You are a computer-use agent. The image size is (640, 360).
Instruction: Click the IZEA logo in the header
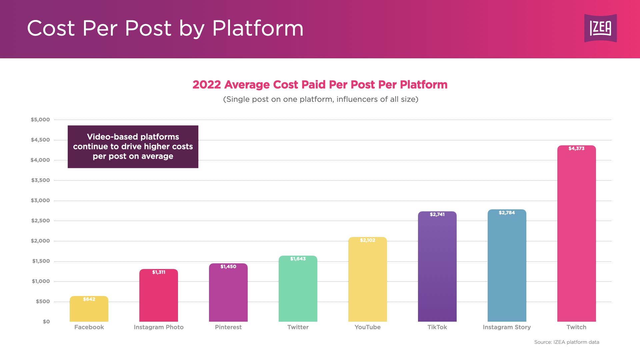click(x=600, y=28)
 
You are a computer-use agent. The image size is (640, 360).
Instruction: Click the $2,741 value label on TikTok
click(x=437, y=214)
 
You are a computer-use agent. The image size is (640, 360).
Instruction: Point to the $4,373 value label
click(x=576, y=148)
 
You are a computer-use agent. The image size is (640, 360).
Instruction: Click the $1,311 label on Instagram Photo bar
click(x=159, y=272)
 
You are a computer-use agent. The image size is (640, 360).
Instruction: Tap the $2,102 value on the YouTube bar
click(x=367, y=240)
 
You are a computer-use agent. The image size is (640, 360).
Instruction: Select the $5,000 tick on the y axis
click(x=40, y=120)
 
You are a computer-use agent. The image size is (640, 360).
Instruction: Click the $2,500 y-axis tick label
click(x=40, y=221)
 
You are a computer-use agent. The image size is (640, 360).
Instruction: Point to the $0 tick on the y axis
click(x=46, y=322)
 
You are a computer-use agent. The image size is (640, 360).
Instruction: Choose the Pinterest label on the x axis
click(x=228, y=327)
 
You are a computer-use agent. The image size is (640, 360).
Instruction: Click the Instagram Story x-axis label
click(x=507, y=327)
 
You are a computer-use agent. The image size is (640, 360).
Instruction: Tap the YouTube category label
click(x=367, y=327)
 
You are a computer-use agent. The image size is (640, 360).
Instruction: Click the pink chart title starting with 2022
click(x=320, y=85)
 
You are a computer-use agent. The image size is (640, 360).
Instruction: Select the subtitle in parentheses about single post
click(x=320, y=99)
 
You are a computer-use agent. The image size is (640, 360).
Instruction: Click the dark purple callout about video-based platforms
click(x=133, y=147)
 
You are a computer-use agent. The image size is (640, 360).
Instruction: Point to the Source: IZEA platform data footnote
click(x=566, y=342)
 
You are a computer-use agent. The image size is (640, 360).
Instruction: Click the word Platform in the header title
click(x=258, y=28)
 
